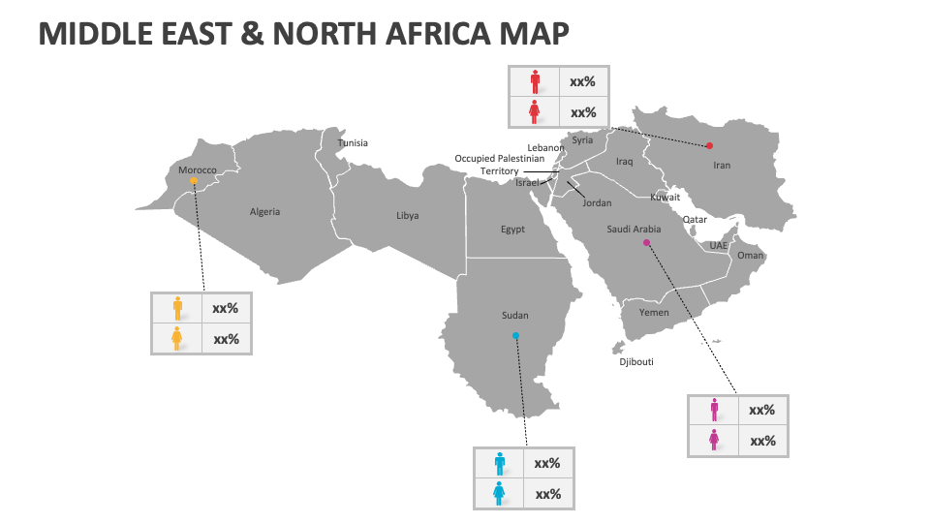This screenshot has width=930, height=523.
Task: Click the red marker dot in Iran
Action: click(709, 145)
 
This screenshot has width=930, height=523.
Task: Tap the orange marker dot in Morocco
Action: click(194, 180)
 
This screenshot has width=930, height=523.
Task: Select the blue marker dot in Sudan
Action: click(515, 336)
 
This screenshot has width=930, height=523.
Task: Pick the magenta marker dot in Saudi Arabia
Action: click(646, 243)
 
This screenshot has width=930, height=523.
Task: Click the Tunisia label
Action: click(353, 143)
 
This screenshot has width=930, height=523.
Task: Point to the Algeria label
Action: click(264, 212)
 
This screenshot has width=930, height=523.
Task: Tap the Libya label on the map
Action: click(408, 216)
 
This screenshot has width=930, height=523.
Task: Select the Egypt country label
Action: click(512, 230)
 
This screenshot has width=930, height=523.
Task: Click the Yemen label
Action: click(654, 313)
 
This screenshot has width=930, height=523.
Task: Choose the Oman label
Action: click(751, 256)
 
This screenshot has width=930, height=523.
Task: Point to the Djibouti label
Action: click(636, 362)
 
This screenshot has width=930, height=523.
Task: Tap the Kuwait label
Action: click(665, 198)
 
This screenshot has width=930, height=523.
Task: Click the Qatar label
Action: click(695, 220)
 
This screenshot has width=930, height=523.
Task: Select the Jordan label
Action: click(597, 203)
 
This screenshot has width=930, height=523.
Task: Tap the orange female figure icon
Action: click(177, 339)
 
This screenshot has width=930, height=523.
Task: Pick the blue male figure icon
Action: click(499, 463)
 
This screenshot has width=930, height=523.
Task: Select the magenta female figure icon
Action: click(714, 441)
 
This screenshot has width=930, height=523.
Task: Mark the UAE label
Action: click(718, 246)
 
